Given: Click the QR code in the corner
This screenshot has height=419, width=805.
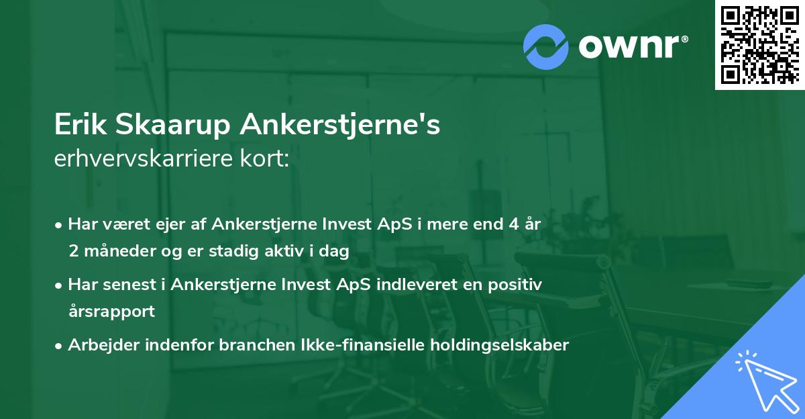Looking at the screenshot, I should (759, 45).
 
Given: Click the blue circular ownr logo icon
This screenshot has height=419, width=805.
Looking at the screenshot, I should (546, 46).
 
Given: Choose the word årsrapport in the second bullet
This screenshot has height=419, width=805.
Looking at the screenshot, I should (111, 312).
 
